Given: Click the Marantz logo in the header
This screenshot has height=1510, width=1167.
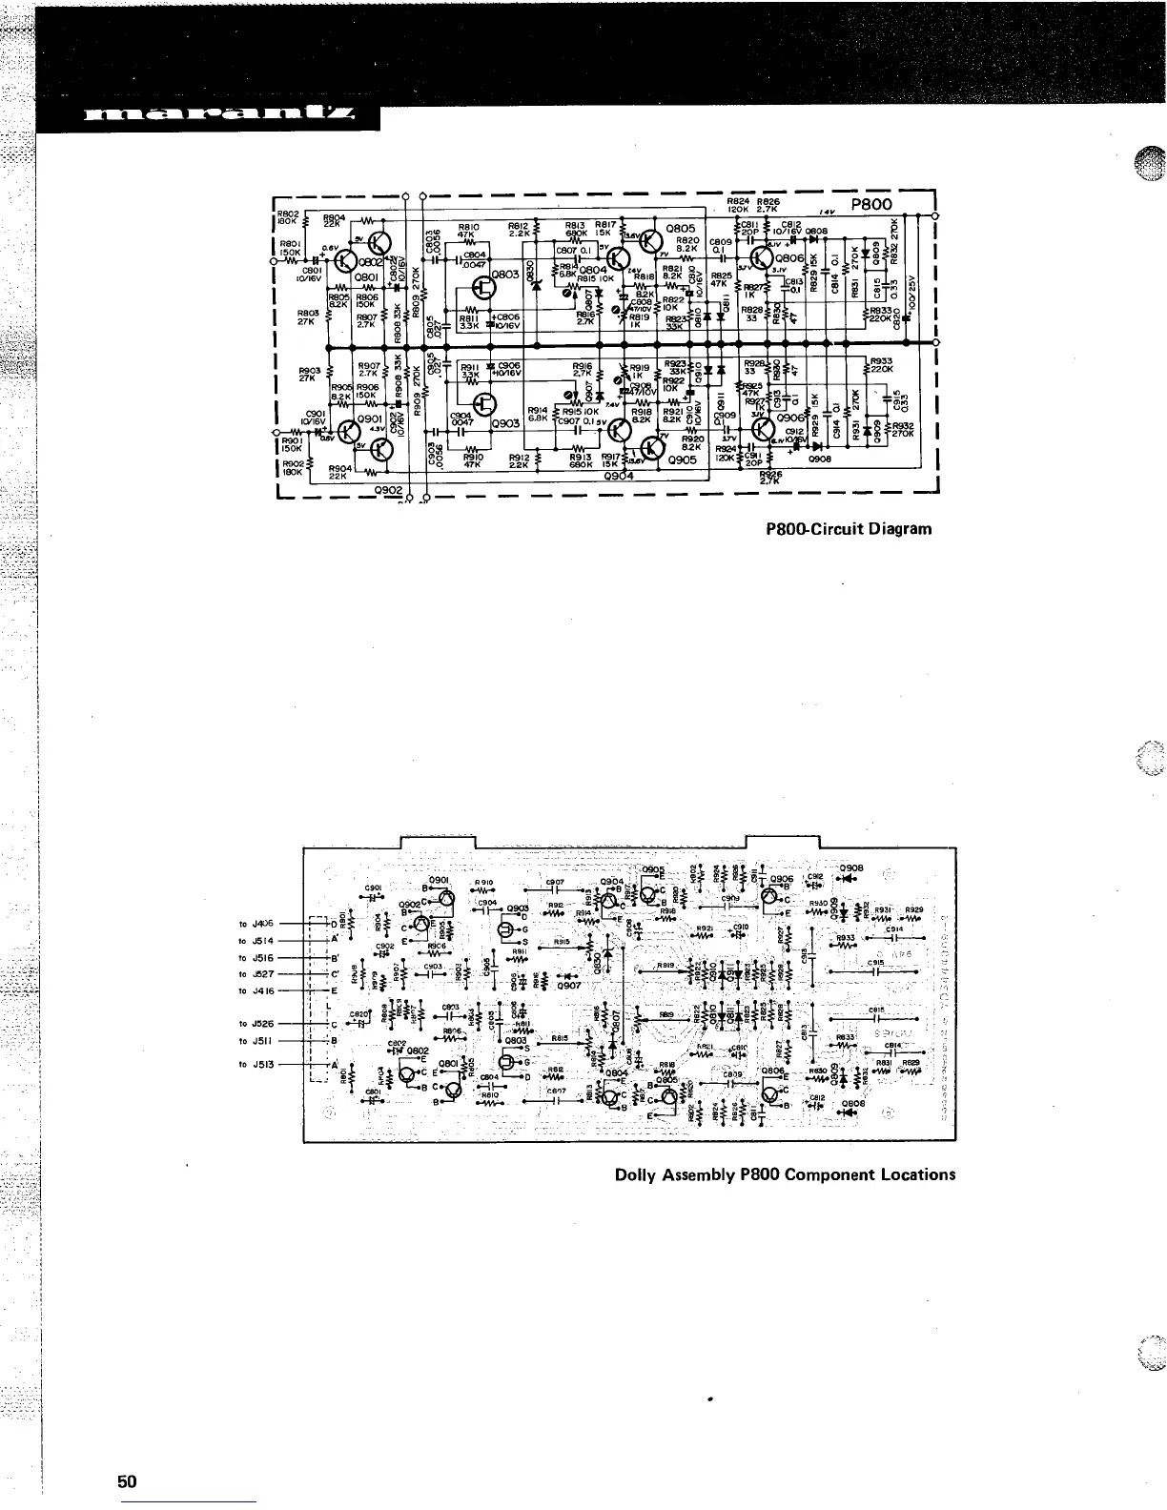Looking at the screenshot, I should [x=219, y=118].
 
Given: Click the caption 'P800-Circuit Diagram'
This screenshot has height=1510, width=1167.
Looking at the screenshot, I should [x=848, y=528].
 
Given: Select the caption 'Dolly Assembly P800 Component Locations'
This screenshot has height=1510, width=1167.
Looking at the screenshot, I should [x=785, y=1173].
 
